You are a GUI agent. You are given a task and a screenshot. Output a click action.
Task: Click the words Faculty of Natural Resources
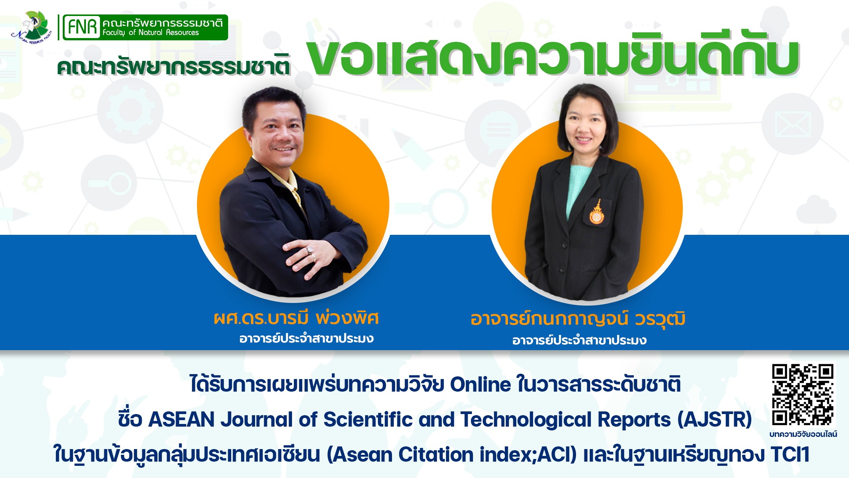pos(151,33)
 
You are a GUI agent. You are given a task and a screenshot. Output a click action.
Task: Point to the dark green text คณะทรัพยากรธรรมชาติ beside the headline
pos(174,65)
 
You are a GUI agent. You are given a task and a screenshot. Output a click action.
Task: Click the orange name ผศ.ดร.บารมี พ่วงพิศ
pos(296,318)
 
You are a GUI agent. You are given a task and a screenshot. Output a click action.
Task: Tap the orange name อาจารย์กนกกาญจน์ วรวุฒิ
pos(578,319)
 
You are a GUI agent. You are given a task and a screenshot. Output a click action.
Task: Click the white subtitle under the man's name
pos(306,338)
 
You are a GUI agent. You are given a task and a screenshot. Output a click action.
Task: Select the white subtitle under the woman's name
pos(579,340)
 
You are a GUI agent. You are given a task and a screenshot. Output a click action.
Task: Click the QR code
pos(803,395)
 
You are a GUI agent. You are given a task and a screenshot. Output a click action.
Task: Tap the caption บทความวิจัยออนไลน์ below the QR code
pos(803,434)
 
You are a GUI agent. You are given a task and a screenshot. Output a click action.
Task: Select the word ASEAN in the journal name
pos(181,419)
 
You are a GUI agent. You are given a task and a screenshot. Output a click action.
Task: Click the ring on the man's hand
pos(310,250)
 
